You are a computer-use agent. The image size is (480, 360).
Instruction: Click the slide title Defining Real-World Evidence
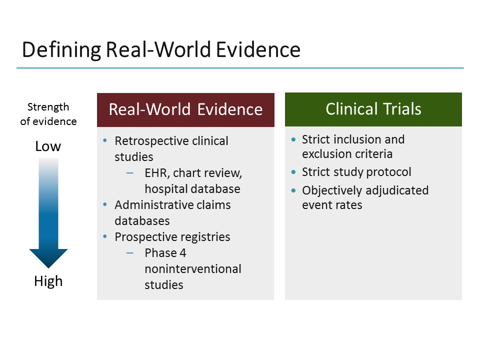pyautogui.click(x=161, y=50)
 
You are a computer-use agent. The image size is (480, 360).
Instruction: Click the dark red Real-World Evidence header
pyautogui.click(x=185, y=109)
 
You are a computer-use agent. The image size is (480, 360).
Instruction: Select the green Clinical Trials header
pyautogui.click(x=373, y=109)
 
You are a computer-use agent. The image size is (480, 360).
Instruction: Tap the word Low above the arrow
pyautogui.click(x=48, y=146)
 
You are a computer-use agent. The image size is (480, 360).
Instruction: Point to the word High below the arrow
pyautogui.click(x=48, y=281)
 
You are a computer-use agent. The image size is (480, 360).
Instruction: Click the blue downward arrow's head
pyautogui.click(x=48, y=257)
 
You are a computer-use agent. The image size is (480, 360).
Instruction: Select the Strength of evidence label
pyautogui.click(x=48, y=114)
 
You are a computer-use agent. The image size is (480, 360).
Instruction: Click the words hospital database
pyautogui.click(x=192, y=189)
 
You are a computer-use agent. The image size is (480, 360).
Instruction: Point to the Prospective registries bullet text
pyautogui.click(x=172, y=237)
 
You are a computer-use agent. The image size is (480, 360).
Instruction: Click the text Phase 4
pyautogui.click(x=165, y=253)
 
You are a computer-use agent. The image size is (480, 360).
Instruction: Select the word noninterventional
pyautogui.click(x=193, y=269)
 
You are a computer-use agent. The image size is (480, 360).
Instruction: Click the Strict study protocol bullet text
pyautogui.click(x=356, y=172)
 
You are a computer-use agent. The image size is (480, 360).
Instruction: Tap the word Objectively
pyautogui.click(x=332, y=190)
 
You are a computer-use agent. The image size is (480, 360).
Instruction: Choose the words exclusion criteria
pyautogui.click(x=347, y=154)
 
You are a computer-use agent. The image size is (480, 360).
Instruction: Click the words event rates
pyautogui.click(x=332, y=205)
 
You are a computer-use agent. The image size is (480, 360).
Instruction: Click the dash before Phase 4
pyautogui.click(x=130, y=253)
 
